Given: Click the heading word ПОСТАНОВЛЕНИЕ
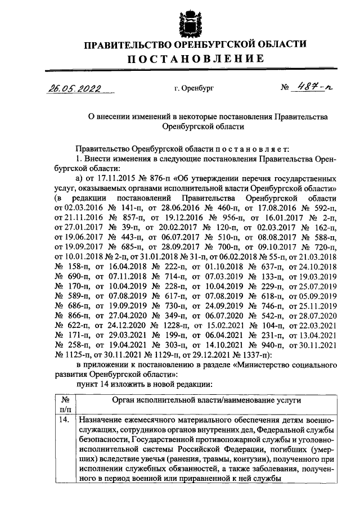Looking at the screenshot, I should click(195, 59).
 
